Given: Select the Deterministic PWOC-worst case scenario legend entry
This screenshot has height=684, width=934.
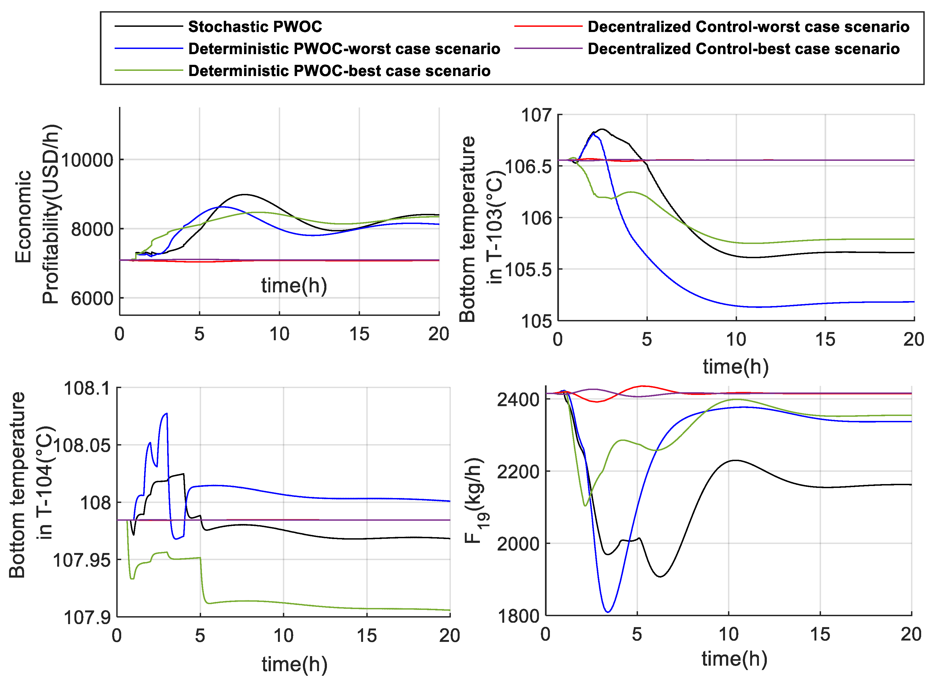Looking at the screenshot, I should [x=344, y=49].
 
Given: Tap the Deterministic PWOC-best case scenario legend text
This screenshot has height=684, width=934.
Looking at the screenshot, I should [x=339, y=71].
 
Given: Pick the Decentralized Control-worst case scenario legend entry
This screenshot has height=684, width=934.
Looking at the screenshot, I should [x=748, y=27].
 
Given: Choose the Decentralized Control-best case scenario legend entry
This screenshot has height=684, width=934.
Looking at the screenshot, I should [x=743, y=49].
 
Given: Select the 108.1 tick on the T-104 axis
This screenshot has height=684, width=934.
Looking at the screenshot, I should [x=87, y=388].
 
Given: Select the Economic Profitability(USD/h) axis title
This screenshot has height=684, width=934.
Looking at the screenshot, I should [x=37, y=214].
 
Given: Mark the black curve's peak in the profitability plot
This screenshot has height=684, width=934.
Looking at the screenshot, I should [x=245, y=194].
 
